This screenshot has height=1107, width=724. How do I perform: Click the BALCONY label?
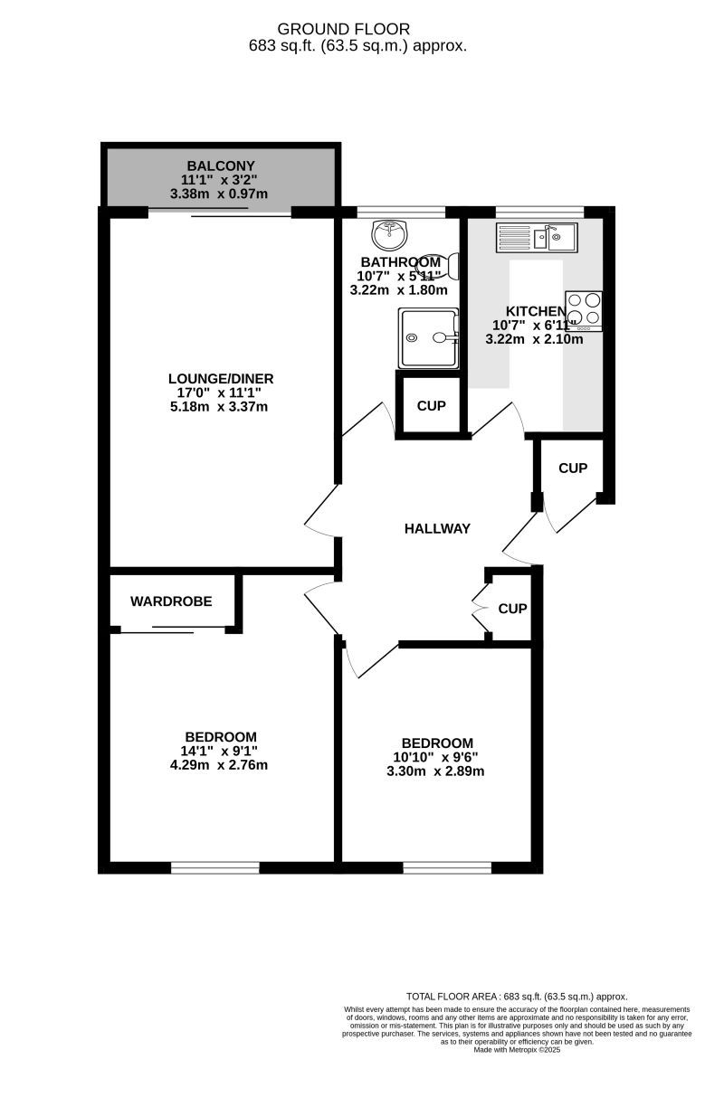[214, 166]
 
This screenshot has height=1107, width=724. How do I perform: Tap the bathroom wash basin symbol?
[389, 235]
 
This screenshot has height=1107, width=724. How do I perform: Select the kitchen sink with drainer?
[537, 238]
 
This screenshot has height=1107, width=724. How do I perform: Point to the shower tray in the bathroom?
[429, 337]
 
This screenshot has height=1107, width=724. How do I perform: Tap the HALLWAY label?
[437, 529]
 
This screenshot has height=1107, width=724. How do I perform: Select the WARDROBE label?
[171, 601]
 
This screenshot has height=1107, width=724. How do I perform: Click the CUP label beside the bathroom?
[431, 406]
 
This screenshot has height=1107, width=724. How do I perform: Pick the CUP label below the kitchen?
[573, 468]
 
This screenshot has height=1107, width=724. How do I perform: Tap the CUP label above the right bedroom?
[512, 609]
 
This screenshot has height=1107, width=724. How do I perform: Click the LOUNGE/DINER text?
[221, 379]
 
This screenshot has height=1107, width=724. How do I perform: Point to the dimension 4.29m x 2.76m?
[221, 765]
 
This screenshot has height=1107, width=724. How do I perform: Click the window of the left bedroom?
[214, 867]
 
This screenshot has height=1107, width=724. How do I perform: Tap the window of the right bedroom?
[447, 867]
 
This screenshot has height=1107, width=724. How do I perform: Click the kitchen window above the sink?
[539, 212]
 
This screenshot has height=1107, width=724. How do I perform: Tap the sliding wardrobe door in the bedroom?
[172, 629]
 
